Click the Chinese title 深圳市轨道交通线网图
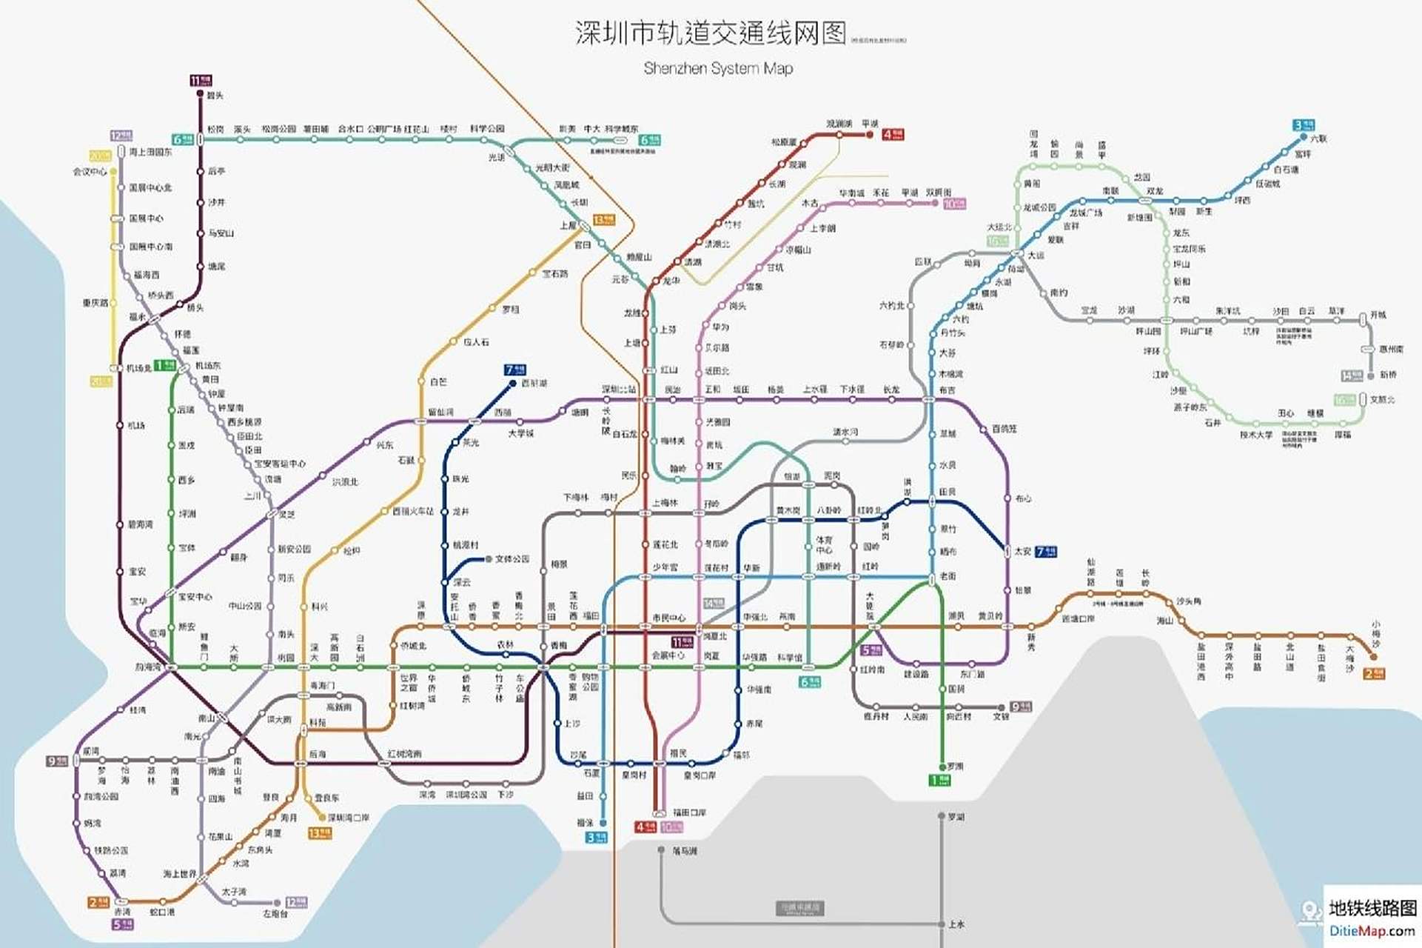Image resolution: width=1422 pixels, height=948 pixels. click(710, 33)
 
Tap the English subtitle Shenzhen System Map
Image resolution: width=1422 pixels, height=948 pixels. click(718, 69)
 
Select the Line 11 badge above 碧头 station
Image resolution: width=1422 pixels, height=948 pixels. click(201, 80)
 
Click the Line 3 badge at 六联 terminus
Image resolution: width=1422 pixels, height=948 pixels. click(1304, 124)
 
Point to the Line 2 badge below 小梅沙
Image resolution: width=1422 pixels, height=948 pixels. click(1374, 674)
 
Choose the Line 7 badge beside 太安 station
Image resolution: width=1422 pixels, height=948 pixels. click(1046, 551)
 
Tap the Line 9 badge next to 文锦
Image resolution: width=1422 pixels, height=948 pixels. click(1021, 707)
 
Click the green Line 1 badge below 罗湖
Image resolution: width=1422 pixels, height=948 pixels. click(939, 780)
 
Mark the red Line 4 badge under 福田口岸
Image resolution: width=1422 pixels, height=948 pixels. click(645, 827)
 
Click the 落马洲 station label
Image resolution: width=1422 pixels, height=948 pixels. click(685, 851)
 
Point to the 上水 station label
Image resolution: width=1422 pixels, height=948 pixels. click(956, 924)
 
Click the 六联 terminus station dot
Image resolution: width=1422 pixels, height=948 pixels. click(1304, 136)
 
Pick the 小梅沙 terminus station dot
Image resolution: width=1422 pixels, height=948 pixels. click(1374, 656)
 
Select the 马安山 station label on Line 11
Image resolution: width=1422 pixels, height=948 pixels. click(221, 233)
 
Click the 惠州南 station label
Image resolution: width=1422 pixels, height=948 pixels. click(1391, 349)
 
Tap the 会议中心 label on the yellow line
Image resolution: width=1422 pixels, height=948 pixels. click(90, 172)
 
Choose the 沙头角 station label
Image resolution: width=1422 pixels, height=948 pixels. click(1188, 601)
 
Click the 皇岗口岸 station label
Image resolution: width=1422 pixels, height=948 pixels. click(700, 775)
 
